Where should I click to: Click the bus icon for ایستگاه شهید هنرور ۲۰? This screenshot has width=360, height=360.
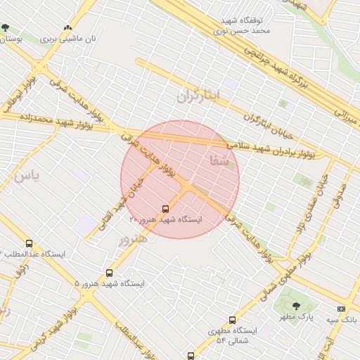pyautogui.click(x=165, y=209)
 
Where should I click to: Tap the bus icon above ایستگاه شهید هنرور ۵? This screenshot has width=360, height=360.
pyautogui.click(x=109, y=273)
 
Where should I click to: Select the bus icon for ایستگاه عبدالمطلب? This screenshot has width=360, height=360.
pyautogui.click(x=29, y=243)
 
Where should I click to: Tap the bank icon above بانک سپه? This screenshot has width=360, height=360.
pyautogui.click(x=342, y=309)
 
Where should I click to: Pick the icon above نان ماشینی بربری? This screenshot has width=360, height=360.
pyautogui.click(x=67, y=28)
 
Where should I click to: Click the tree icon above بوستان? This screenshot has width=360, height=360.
pyautogui.click(x=6, y=28)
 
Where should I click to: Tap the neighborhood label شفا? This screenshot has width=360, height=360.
pyautogui.click(x=219, y=162)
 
